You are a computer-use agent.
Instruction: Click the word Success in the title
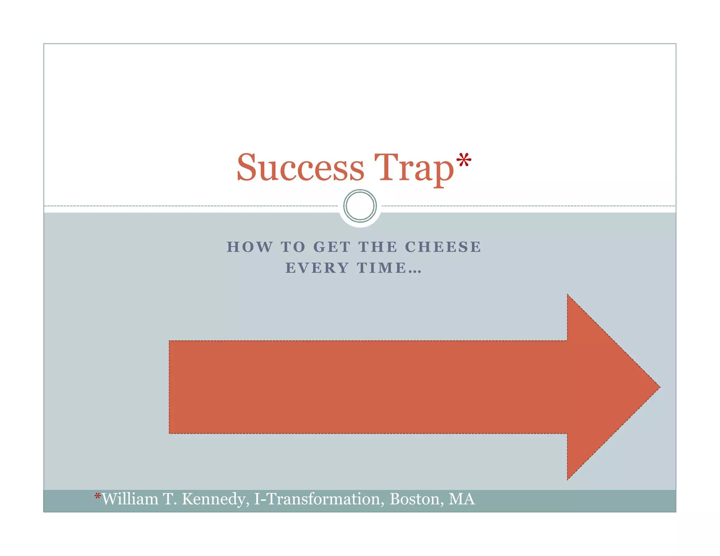click(x=300, y=168)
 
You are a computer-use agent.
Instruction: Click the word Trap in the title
click(x=414, y=169)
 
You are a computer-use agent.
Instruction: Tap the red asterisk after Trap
click(x=464, y=161)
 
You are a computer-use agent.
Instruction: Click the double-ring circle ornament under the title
click(x=360, y=206)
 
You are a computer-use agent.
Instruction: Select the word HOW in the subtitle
click(x=250, y=247)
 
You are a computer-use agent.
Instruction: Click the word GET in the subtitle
click(x=332, y=247)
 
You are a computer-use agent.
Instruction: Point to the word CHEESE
click(x=443, y=247)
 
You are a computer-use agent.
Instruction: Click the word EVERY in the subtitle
click(x=317, y=268)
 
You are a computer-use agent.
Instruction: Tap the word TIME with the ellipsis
click(x=389, y=268)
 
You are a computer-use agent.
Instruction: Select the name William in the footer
click(x=130, y=499)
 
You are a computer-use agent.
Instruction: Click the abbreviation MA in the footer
click(x=462, y=499)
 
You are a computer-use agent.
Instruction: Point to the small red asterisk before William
click(x=98, y=497)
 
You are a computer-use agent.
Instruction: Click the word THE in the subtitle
click(x=378, y=247)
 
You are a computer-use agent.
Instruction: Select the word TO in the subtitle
click(x=293, y=247)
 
